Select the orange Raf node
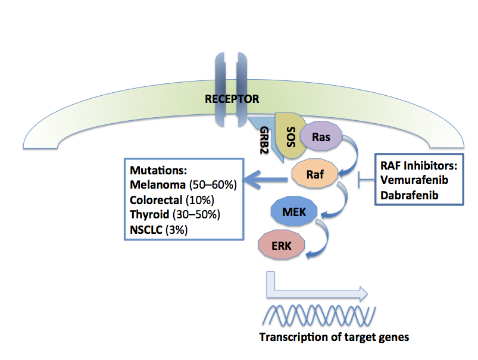pyautogui.click(x=315, y=175)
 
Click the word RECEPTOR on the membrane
pyautogui.click(x=232, y=99)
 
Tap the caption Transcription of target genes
pyautogui.click(x=333, y=337)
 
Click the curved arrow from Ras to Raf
pyautogui.click(x=350, y=152)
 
